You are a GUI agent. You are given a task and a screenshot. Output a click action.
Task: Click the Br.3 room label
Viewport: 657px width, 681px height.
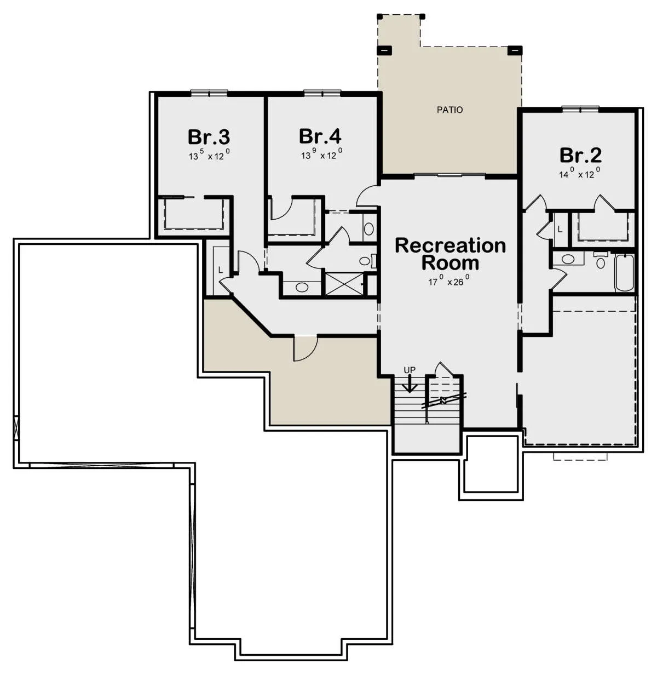209,137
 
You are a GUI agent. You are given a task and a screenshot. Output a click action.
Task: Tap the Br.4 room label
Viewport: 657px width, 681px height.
320,136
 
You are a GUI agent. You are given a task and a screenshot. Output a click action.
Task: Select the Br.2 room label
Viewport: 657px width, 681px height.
580,155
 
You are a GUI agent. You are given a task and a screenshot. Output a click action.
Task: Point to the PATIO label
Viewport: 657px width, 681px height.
449,110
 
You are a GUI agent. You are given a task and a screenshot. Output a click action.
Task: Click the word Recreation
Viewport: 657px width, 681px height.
450,245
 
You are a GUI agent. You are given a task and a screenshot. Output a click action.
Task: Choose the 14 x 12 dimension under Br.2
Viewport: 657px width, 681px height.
580,173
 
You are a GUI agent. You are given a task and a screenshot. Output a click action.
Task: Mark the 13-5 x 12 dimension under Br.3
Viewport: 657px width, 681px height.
209,155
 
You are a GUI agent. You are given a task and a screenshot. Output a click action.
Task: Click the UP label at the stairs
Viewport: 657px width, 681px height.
410,370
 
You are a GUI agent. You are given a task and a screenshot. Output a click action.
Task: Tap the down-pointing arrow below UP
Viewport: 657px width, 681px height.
410,384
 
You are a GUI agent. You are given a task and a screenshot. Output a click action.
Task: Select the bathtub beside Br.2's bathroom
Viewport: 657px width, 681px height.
624,273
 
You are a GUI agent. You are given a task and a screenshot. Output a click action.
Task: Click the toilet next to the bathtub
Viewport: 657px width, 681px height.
601,260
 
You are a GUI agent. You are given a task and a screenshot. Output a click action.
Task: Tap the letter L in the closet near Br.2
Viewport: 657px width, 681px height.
560,230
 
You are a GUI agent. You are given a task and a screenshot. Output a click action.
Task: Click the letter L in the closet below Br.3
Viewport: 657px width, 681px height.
220,270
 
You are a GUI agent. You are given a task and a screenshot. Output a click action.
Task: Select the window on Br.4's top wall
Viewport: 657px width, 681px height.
322,93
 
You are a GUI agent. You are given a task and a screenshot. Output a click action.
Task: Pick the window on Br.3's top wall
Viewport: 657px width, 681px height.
209,93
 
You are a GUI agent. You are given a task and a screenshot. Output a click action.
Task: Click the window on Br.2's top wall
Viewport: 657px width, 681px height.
580,109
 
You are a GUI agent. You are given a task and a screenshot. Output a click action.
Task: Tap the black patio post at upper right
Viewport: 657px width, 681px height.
514,50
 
